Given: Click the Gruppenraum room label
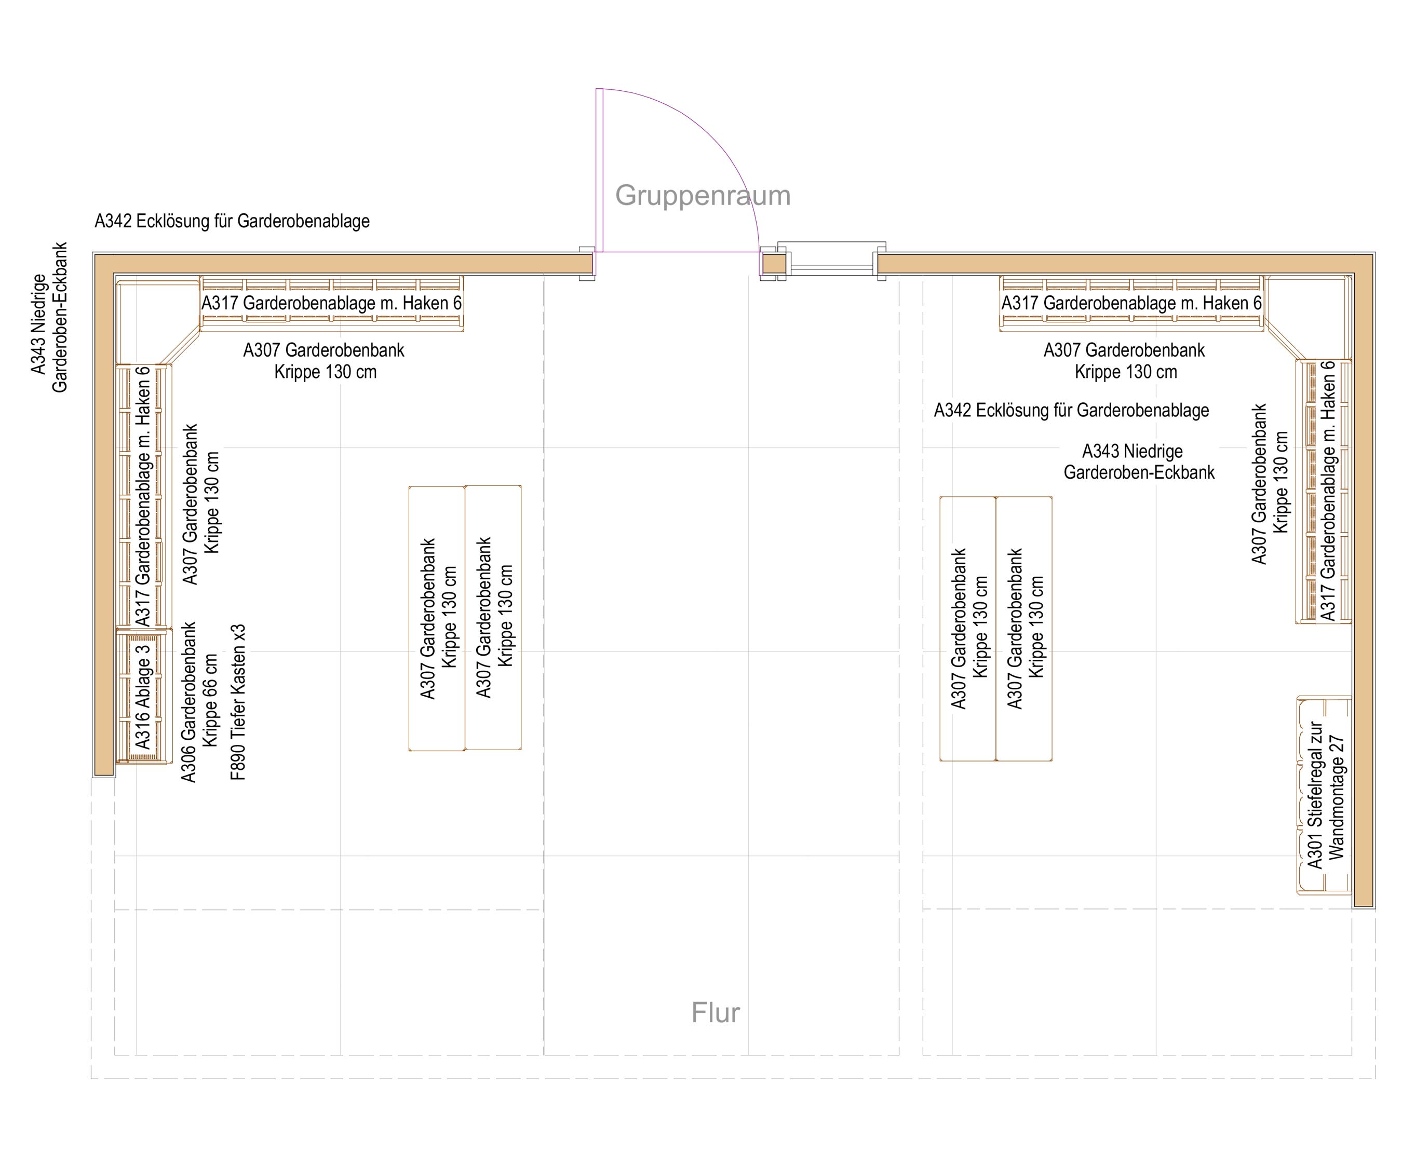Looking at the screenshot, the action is click(703, 196).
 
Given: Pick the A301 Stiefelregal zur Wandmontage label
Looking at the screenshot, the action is click(1325, 795).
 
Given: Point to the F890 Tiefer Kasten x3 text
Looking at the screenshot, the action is click(238, 703).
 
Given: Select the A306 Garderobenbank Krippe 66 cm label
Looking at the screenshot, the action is click(199, 702).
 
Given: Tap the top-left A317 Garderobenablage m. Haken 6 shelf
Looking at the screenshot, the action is click(332, 304).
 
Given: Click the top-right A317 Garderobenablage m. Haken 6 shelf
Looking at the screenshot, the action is click(1131, 304).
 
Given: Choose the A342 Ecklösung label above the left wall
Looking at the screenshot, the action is click(232, 221).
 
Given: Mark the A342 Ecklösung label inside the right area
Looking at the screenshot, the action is click(1072, 411).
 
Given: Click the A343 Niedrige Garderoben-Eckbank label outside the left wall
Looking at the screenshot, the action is click(49, 317).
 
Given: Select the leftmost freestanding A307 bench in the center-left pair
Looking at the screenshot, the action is click(437, 618).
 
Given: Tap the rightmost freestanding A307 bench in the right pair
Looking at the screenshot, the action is click(1024, 629).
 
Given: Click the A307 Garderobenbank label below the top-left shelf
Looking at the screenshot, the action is click(324, 360).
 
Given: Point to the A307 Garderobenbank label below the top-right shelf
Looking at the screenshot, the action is click(1124, 360).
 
